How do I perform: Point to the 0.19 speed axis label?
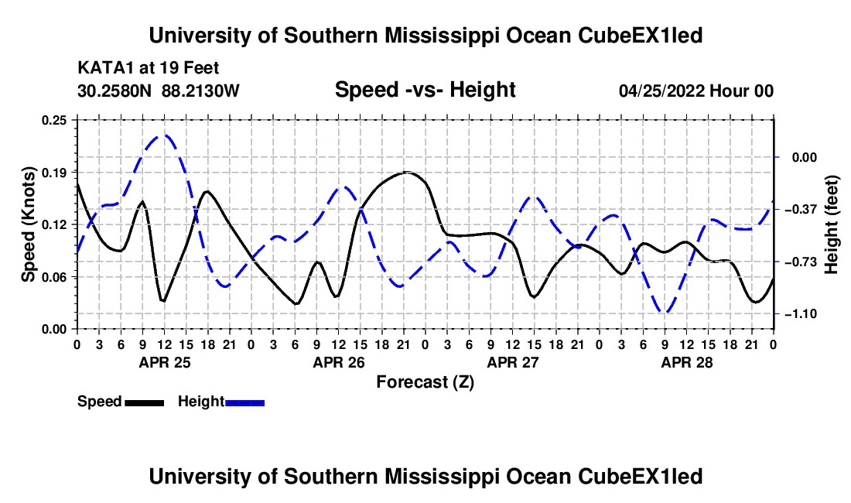click(x=54, y=173)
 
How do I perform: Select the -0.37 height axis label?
click(x=805, y=210)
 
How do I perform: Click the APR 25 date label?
click(x=165, y=362)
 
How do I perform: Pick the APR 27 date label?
click(x=513, y=362)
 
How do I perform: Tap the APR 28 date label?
click(x=687, y=362)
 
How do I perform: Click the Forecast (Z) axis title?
click(x=425, y=382)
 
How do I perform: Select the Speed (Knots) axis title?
click(x=28, y=224)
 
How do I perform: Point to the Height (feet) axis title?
click(x=832, y=224)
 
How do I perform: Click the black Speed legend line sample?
click(x=145, y=402)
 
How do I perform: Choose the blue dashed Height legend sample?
click(x=244, y=402)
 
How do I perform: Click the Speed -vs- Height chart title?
click(x=425, y=90)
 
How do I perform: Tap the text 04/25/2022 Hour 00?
click(x=696, y=91)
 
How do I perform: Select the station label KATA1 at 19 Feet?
click(x=149, y=68)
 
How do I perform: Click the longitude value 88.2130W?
click(x=200, y=91)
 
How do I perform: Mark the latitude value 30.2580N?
click(x=114, y=91)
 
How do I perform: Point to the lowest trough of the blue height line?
click(x=665, y=313)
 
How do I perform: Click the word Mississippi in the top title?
click(x=441, y=36)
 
